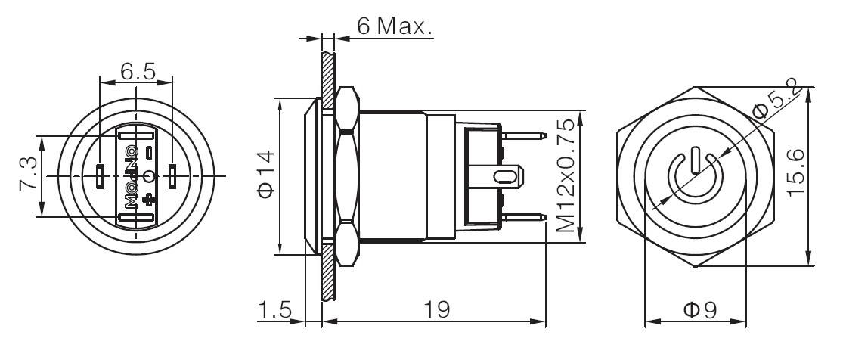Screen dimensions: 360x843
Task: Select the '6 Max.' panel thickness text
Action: (394, 27)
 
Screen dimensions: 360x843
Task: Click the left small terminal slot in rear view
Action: (101, 175)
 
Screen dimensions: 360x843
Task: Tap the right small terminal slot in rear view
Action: (172, 175)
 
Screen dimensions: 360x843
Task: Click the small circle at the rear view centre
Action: (149, 176)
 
